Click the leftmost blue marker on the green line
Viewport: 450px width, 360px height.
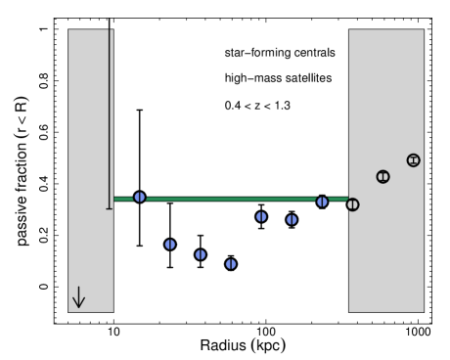pyautogui.click(x=140, y=197)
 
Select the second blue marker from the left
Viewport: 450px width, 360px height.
pyautogui.click(x=170, y=244)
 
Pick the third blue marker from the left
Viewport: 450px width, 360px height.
pyautogui.click(x=201, y=254)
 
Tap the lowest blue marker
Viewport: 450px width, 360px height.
pyautogui.click(x=231, y=264)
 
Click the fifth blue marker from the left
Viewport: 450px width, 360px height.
pyautogui.click(x=261, y=216)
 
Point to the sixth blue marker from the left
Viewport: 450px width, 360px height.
pyautogui.click(x=292, y=219)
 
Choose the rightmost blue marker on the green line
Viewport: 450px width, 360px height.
pyautogui.click(x=322, y=202)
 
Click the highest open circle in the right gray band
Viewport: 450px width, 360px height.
pyautogui.click(x=413, y=160)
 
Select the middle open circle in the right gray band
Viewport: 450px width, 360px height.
pyautogui.click(x=382, y=177)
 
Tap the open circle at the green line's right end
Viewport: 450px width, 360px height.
pyautogui.click(x=352, y=204)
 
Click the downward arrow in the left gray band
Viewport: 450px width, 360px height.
pyautogui.click(x=78, y=297)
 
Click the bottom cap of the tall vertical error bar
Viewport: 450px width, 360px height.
pyautogui.click(x=110, y=208)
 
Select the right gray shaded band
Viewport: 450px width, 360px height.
pyautogui.click(x=386, y=98)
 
